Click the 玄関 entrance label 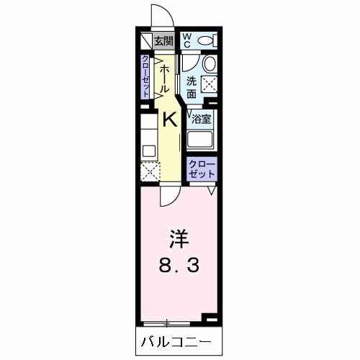163,42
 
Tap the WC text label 187,40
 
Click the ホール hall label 163,79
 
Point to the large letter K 170,120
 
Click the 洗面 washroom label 192,87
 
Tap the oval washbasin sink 210,63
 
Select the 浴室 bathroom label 201,120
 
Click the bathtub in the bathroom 199,140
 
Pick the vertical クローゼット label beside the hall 145,76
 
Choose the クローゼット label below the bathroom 202,169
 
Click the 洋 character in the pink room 179,239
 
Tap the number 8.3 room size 179,266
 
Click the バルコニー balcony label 176,342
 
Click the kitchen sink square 149,151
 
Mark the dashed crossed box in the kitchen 150,171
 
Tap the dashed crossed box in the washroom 209,84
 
